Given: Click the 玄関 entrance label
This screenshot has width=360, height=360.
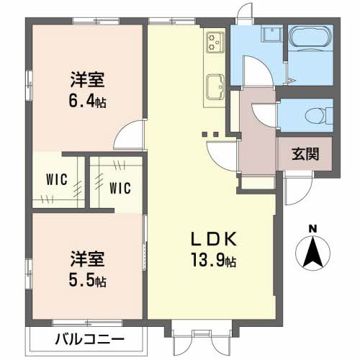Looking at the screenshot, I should pyautogui.click(x=305, y=153).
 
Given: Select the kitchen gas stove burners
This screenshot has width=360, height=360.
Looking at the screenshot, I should pyautogui.click(x=215, y=44).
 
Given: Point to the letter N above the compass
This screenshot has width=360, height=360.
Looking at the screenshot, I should pyautogui.click(x=312, y=229).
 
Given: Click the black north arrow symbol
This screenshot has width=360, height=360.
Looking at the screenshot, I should pyautogui.click(x=312, y=252).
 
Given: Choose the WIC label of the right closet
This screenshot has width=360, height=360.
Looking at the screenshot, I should pyautogui.click(x=120, y=188).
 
